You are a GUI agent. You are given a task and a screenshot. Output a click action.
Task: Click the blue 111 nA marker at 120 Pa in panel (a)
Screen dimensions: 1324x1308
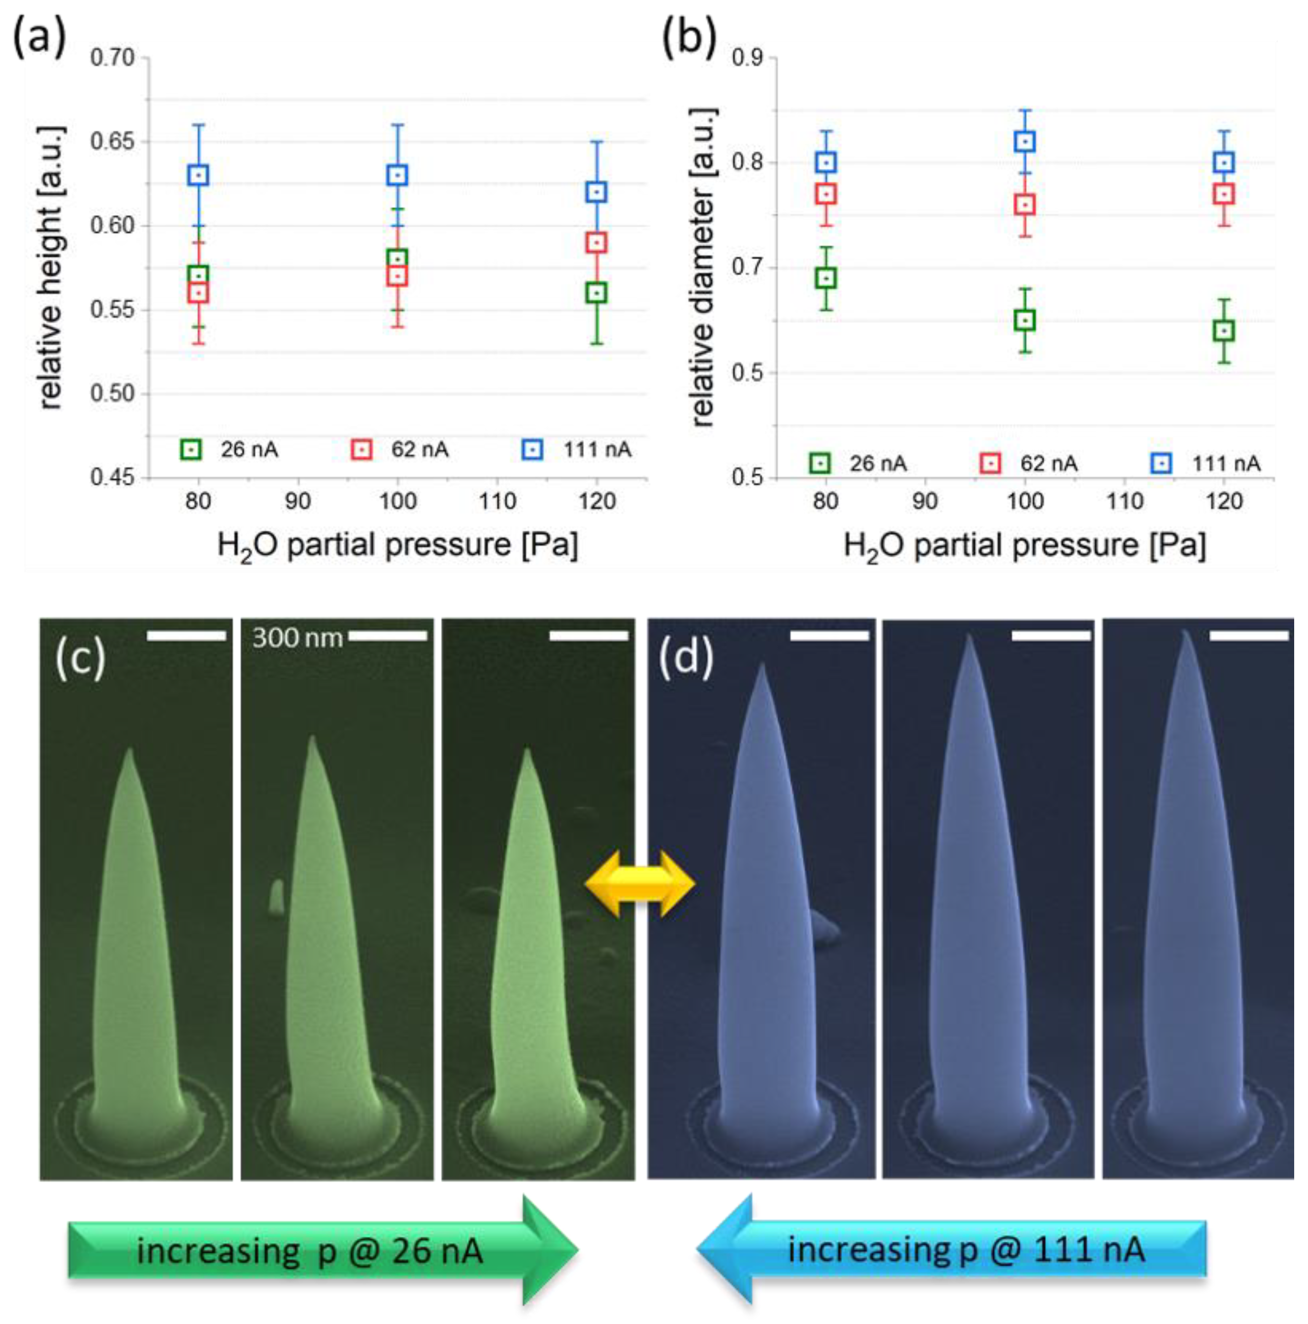click(x=596, y=192)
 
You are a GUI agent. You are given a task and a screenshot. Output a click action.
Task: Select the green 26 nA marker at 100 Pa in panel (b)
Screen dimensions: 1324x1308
click(x=1024, y=320)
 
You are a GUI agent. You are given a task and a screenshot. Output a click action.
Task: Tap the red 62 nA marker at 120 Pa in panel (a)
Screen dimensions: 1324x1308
click(x=596, y=243)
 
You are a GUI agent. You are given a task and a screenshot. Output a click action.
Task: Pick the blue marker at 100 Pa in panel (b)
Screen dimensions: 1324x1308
click(x=1024, y=142)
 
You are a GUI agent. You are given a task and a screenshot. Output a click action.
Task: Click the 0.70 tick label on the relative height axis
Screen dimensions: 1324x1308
click(x=113, y=58)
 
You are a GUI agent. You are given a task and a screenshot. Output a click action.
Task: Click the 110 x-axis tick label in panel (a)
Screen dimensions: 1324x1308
click(x=497, y=502)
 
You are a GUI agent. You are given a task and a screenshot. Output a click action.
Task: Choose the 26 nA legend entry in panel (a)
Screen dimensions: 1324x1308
click(x=230, y=450)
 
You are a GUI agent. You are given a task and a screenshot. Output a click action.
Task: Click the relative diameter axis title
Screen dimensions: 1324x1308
click(x=704, y=267)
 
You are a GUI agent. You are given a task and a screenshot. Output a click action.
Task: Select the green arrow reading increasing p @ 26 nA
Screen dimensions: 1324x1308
click(x=322, y=1250)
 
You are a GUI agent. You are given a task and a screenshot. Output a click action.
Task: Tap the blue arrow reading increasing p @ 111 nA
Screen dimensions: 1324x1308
click(x=952, y=1249)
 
